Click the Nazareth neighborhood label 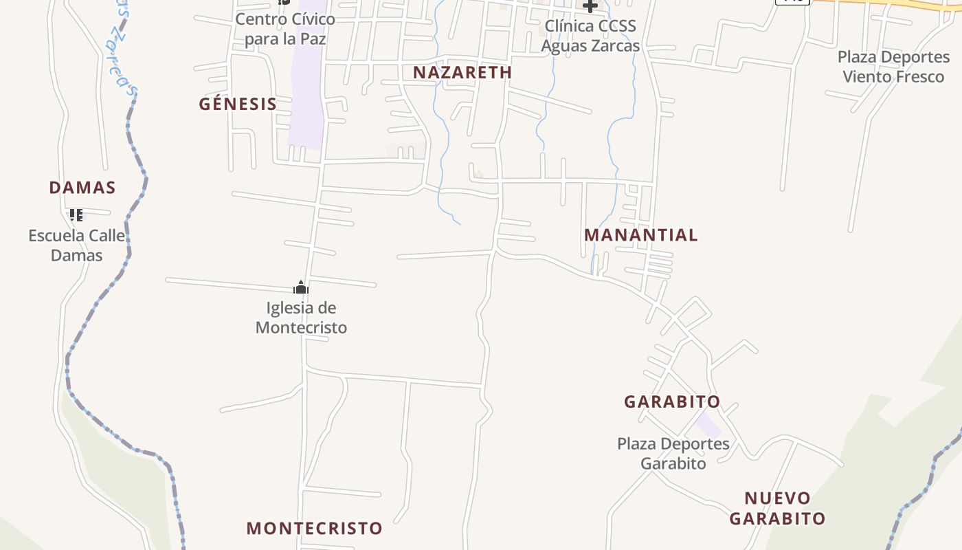pos(462,72)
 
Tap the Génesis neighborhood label pos(238,104)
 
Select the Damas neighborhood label pos(82,187)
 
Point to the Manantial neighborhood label pos(640,235)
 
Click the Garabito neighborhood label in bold pos(672,401)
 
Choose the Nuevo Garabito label pos(777,508)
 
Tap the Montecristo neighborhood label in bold pos(314,528)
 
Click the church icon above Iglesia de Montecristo pos(300,287)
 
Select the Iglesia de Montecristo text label pos(301,318)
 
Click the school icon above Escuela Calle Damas pos(76,215)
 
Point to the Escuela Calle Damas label pos(76,245)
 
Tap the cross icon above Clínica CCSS pos(590,6)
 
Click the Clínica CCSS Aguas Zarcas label pos(590,36)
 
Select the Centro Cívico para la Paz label pos(285,29)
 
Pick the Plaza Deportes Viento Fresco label pos(893,67)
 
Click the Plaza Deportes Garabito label pos(673,453)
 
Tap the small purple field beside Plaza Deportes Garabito pos(708,424)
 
